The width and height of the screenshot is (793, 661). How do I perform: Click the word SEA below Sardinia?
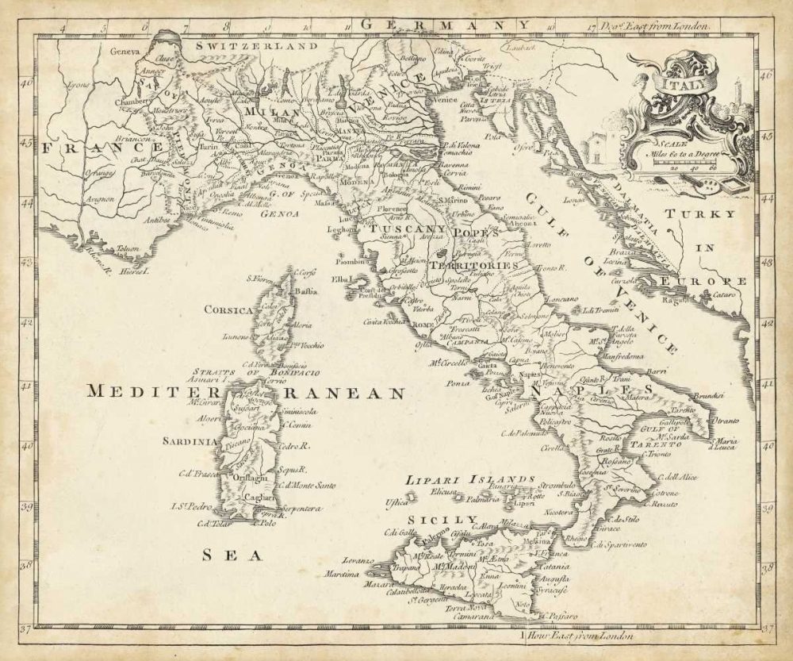coord(232,555)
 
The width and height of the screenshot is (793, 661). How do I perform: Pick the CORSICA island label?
coord(228,310)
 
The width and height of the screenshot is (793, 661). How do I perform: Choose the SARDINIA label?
coord(190,440)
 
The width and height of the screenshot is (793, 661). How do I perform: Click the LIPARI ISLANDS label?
coord(469,479)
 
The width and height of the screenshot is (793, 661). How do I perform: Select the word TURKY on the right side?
coord(700,214)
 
